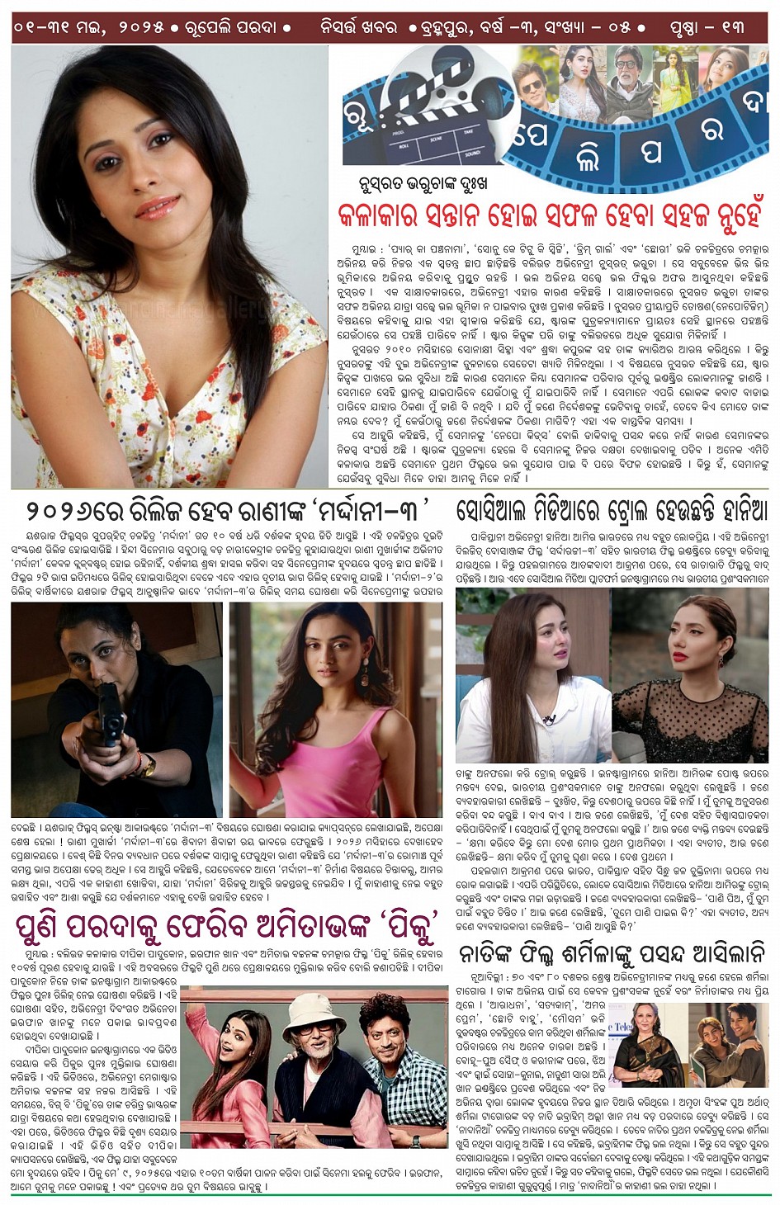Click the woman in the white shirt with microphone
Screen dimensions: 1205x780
pyautogui.click(x=532, y=677)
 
